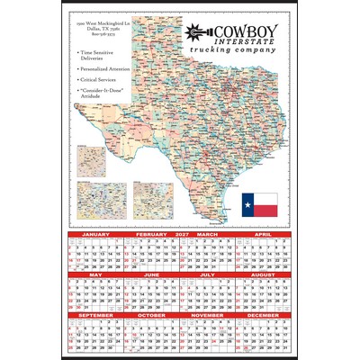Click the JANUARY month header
coord(95,233)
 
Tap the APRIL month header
coord(264,233)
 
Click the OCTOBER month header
coord(151,316)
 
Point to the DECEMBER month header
coord(264,316)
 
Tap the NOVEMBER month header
coord(208,316)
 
